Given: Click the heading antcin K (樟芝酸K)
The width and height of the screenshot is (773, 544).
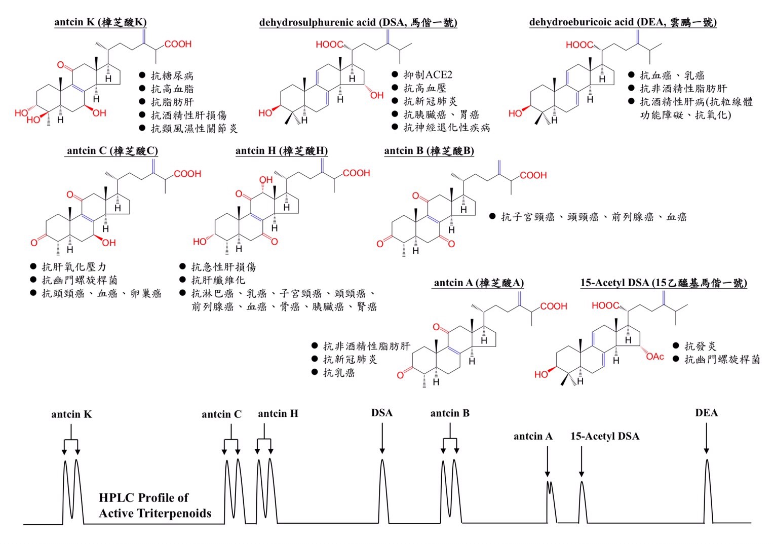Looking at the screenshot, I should click(x=100, y=22).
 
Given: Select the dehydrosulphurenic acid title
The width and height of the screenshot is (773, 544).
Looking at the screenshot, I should click(x=358, y=22).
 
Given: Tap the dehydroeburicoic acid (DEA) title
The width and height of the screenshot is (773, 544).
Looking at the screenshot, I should click(x=623, y=22).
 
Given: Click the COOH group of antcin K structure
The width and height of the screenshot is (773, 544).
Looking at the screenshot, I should click(x=178, y=44).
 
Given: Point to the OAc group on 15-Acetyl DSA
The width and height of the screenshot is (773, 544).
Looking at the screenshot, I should click(x=655, y=357).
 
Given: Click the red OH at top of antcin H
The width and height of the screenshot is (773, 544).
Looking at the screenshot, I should click(x=265, y=180).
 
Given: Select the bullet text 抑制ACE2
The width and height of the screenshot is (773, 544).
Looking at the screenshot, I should click(x=428, y=75).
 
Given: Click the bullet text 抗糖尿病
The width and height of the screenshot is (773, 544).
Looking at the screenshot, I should click(x=172, y=76).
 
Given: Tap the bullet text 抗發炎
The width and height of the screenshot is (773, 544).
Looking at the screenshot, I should click(x=700, y=346).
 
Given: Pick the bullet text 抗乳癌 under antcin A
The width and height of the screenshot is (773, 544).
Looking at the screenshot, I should click(x=339, y=373).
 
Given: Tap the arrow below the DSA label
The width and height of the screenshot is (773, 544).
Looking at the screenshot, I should click(x=382, y=438).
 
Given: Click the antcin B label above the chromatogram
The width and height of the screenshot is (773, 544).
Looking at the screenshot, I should click(x=450, y=413).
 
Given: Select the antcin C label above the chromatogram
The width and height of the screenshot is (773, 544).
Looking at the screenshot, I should click(x=221, y=414).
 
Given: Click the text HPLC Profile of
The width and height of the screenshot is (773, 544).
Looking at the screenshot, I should click(x=143, y=497).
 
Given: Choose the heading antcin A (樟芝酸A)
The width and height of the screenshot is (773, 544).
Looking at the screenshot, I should click(x=478, y=283).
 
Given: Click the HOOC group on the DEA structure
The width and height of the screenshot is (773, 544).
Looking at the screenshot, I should click(x=579, y=45).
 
